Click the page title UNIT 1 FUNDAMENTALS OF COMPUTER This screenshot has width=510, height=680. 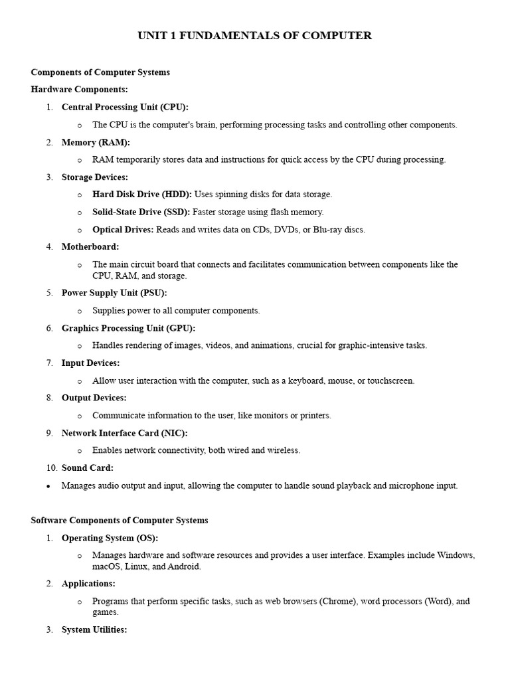[x=254, y=36]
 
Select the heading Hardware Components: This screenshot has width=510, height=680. [x=79, y=89]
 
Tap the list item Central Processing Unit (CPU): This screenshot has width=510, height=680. [x=125, y=107]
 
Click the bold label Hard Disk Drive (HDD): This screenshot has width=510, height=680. [x=142, y=195]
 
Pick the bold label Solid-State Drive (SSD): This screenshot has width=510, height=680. [x=141, y=212]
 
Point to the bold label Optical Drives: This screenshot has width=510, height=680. [x=123, y=230]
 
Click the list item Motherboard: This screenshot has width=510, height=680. [x=90, y=247]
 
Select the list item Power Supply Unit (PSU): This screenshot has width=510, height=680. [x=114, y=293]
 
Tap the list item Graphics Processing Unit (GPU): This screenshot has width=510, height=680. [x=128, y=328]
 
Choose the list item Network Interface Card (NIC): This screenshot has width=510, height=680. [x=124, y=433]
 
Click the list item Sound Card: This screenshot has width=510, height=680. [x=88, y=468]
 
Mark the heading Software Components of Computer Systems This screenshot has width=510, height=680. [x=120, y=521]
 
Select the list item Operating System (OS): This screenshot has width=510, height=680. [x=110, y=538]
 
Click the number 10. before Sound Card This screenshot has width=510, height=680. [x=52, y=468]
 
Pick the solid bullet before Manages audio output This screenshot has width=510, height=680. [x=48, y=486]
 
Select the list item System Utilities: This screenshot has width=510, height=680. [x=94, y=630]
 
